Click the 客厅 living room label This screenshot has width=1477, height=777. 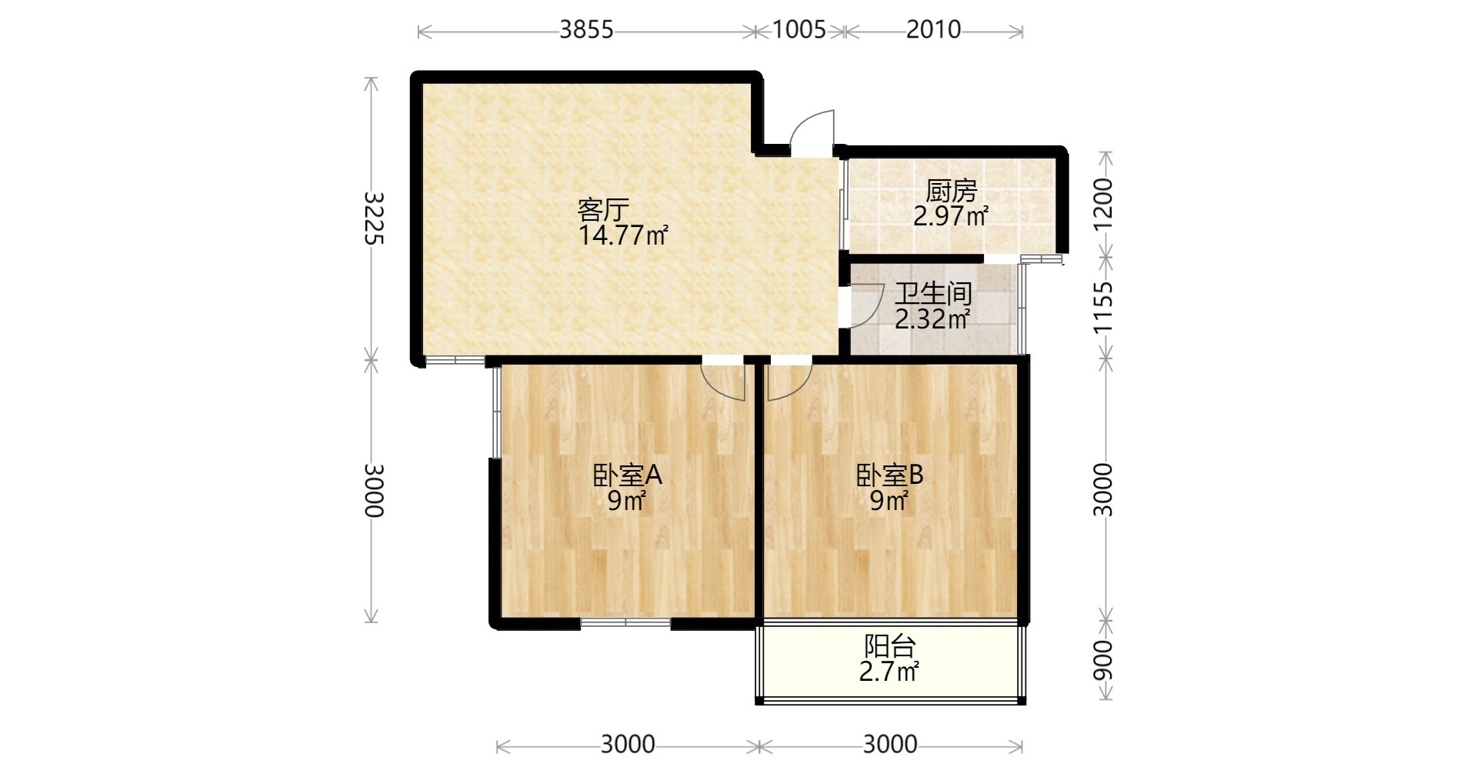(603, 209)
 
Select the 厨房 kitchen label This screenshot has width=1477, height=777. (951, 190)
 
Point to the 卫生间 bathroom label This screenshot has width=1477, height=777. (933, 293)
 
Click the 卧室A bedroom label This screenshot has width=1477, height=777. (627, 475)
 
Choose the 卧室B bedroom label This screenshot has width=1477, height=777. (890, 475)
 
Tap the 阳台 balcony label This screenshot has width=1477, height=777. (889, 646)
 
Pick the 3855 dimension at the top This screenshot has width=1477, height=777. (586, 29)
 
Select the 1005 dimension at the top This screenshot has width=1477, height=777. (799, 29)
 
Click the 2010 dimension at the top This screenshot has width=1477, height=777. (933, 29)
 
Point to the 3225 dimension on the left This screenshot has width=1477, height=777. (372, 218)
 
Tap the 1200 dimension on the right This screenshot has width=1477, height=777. (1103, 203)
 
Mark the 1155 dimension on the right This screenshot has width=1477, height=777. (1103, 307)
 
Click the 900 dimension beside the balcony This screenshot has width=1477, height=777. (1103, 660)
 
